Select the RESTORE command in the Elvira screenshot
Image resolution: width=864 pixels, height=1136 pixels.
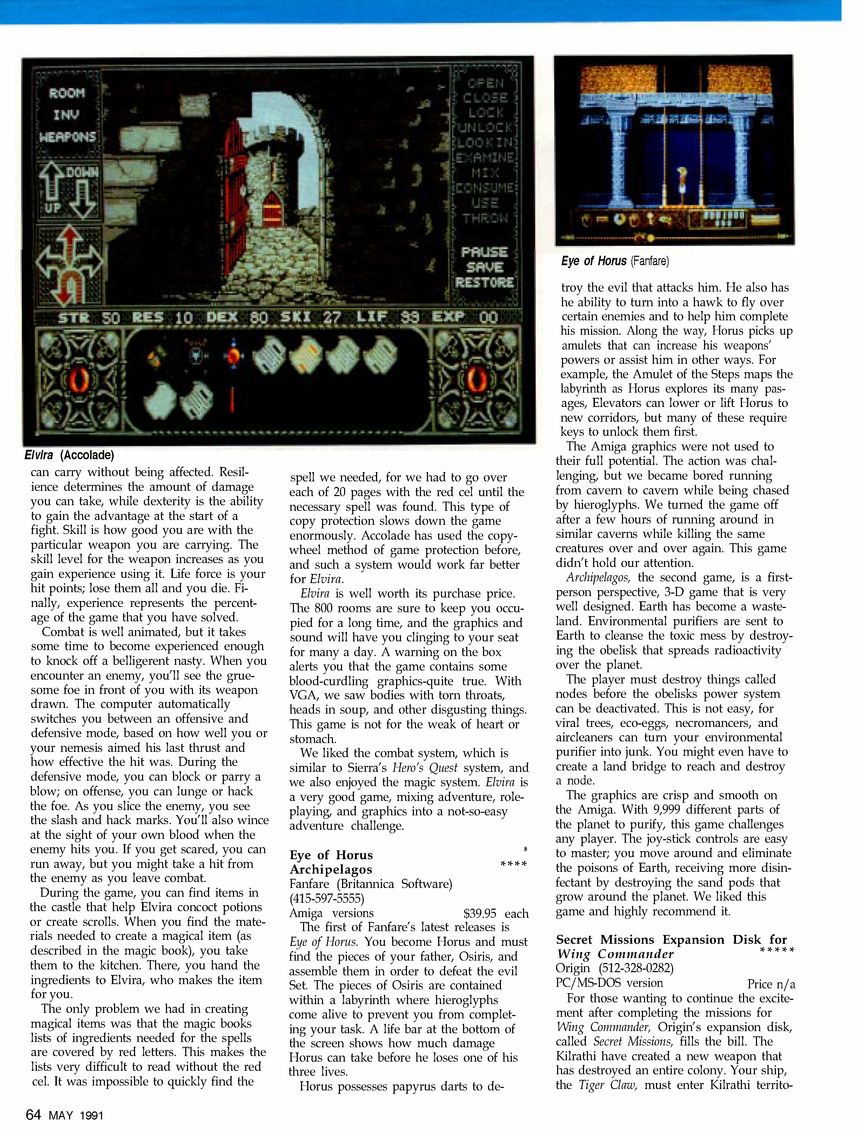click(484, 282)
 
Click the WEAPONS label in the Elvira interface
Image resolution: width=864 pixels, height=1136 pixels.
click(67, 137)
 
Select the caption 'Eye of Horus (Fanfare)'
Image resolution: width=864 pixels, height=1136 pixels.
click(615, 261)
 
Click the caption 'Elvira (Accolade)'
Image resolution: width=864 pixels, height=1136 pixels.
click(69, 455)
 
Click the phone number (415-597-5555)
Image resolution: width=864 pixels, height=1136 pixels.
click(327, 898)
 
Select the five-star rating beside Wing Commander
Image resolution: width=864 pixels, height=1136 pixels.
click(777, 951)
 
